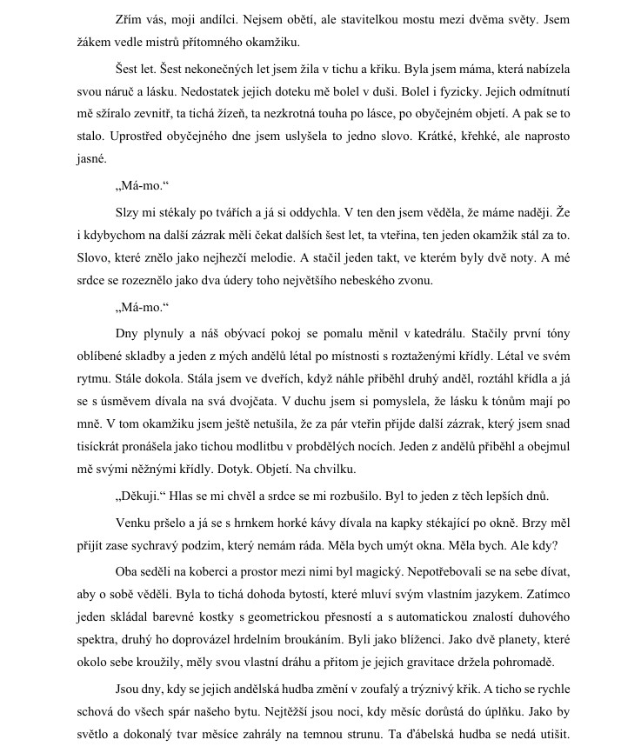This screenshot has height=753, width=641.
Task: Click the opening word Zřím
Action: [130, 18]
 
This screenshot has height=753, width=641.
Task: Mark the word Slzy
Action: [128, 235]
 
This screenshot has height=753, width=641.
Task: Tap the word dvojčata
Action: [264, 401]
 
